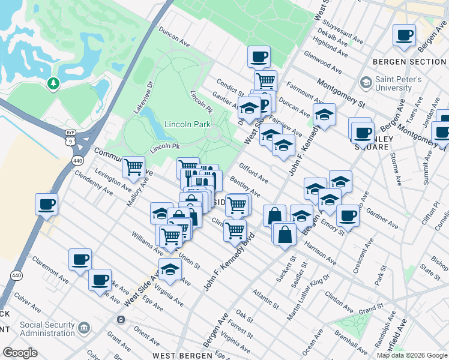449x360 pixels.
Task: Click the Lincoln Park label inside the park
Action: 187,124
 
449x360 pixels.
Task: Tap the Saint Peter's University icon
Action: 365,82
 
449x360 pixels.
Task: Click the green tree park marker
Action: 53,83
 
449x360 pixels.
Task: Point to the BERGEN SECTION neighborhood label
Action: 409,62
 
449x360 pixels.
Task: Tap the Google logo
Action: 20,353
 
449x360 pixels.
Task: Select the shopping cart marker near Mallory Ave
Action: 133,167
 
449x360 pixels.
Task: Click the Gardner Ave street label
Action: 382,220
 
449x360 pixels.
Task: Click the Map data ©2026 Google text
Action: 412,355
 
